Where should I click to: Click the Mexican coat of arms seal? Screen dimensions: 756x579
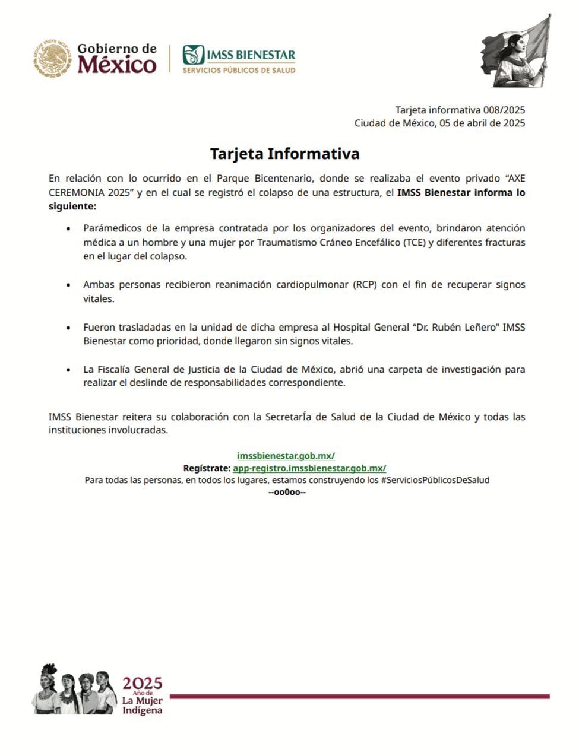coord(53,59)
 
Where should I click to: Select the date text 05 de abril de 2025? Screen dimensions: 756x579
coord(482,123)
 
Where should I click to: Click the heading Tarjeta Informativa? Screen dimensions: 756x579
coord(284,154)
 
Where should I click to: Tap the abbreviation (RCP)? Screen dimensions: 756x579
coord(365,285)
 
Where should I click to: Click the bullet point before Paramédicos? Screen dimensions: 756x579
coord(69,228)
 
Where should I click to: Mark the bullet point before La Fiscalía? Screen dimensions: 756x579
coord(69,370)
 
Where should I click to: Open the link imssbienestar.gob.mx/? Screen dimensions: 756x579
coord(286,456)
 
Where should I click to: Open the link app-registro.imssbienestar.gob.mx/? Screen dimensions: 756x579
coord(309,468)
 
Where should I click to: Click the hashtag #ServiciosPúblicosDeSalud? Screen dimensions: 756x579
coord(435,480)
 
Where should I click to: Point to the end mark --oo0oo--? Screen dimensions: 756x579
coord(287,493)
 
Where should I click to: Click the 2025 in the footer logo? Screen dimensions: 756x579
coord(143,683)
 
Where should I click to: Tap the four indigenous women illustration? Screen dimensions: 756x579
coord(74,690)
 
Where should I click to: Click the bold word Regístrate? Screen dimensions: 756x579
coord(207,468)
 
